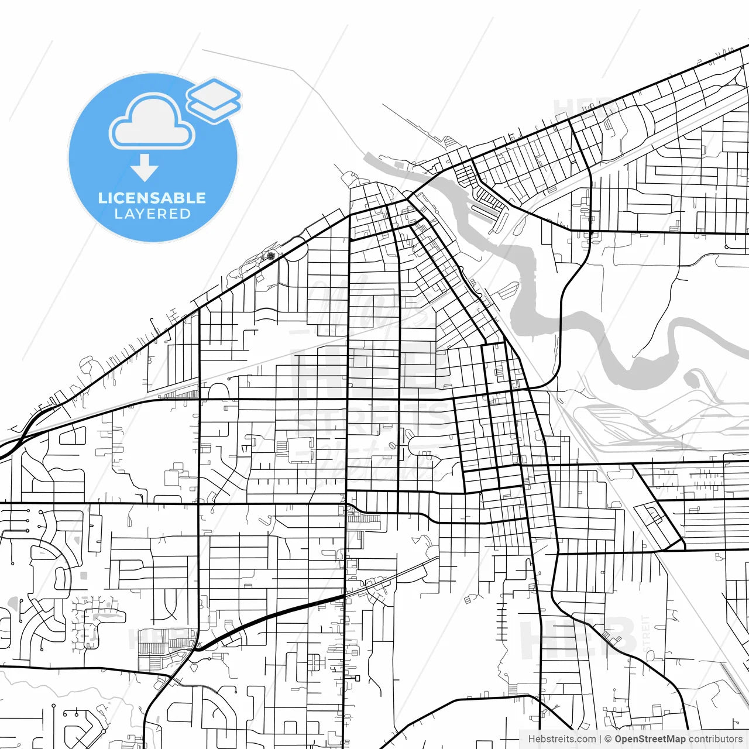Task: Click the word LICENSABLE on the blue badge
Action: point(152,198)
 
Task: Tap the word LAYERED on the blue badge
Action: point(152,214)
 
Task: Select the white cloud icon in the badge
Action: point(152,122)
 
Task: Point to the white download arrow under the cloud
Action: point(144,167)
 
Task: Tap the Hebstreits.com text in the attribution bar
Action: point(562,739)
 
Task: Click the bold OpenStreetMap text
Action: point(650,739)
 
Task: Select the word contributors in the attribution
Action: point(715,739)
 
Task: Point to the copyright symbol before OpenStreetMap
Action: point(608,739)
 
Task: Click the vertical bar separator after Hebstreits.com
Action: point(600,739)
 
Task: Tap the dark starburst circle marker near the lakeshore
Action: point(270,255)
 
